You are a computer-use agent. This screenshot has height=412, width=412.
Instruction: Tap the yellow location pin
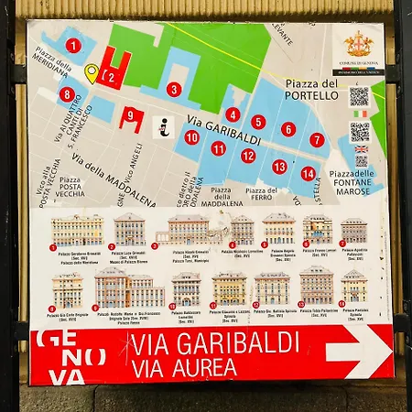[91, 72]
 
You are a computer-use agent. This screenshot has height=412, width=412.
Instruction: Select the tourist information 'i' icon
[167, 127]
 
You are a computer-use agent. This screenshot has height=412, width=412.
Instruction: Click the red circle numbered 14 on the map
[308, 173]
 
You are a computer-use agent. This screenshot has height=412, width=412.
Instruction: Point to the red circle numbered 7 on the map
[317, 140]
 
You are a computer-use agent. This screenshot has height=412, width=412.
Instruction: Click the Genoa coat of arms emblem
[357, 43]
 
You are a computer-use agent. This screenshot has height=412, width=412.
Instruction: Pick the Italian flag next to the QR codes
[361, 114]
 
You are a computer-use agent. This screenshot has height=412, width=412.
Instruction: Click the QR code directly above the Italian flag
[359, 96]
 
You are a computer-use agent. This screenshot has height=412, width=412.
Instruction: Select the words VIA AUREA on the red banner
[184, 367]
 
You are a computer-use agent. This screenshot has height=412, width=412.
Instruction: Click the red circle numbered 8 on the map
[67, 93]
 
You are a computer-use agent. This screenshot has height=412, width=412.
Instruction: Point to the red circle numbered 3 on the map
[174, 90]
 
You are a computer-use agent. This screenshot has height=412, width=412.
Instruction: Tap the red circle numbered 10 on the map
[191, 137]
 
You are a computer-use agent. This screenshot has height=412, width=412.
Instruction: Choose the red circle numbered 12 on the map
[248, 156]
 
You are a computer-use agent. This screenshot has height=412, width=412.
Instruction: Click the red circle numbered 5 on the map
[259, 122]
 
